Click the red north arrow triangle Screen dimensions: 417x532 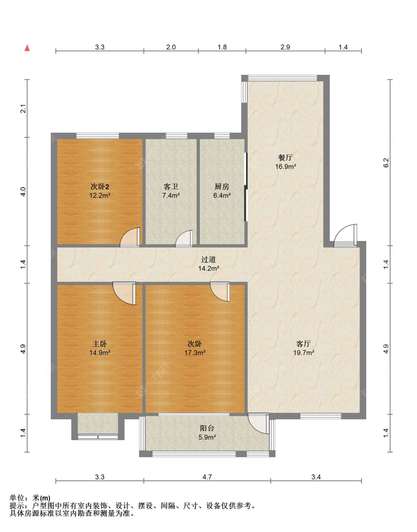click(x=27, y=48)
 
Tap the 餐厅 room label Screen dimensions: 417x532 click(x=285, y=158)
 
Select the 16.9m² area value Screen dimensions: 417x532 click(x=285, y=167)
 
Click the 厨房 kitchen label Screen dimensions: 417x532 click(x=222, y=186)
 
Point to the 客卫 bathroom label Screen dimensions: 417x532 click(x=171, y=186)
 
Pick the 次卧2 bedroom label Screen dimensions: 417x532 click(x=100, y=186)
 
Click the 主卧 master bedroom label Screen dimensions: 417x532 click(x=100, y=344)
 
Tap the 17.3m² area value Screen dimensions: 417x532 click(x=195, y=353)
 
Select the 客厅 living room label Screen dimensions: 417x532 click(x=304, y=344)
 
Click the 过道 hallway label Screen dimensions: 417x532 click(x=208, y=259)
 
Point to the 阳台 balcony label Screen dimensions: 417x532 click(x=207, y=428)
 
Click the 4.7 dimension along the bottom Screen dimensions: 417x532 click(x=207, y=477)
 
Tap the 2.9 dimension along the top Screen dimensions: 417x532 click(x=285, y=47)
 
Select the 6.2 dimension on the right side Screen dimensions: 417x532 click(x=386, y=162)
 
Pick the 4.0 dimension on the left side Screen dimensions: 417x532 click(x=23, y=191)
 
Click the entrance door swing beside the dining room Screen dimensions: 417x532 click(x=345, y=235)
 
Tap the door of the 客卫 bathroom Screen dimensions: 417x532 click(x=184, y=238)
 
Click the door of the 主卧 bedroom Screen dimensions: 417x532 click(x=124, y=293)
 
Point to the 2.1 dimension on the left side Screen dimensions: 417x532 click(x=23, y=109)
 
